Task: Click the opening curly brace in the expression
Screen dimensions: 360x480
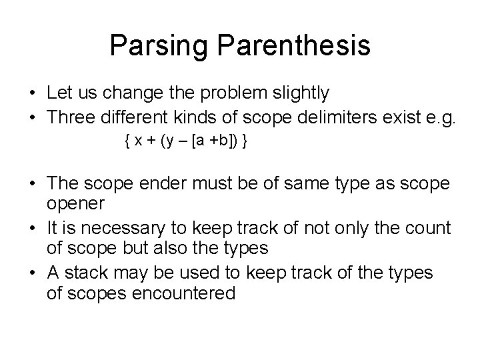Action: pos(127,142)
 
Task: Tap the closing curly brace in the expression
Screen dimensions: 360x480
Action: pos(246,142)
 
